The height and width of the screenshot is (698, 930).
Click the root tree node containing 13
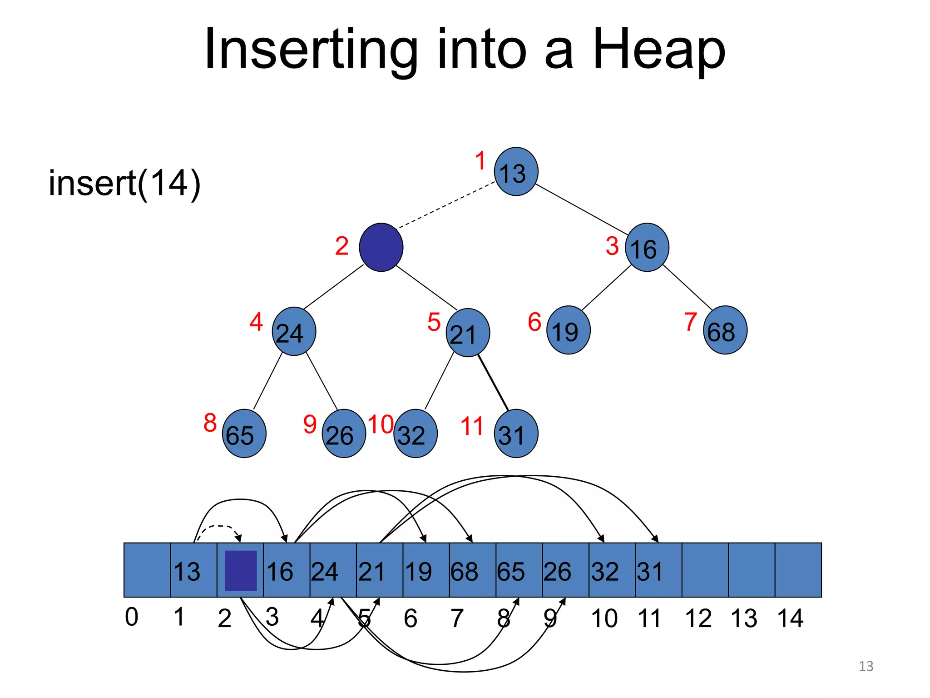point(516,172)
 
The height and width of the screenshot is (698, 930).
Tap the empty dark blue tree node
point(381,247)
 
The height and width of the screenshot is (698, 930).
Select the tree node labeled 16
point(647,248)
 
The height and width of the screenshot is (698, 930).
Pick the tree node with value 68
point(725,330)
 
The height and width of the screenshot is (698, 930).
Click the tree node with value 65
point(244,434)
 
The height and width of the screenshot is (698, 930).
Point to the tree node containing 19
point(568,330)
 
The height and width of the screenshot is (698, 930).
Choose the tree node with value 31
point(516,434)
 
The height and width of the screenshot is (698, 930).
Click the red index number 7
point(690,322)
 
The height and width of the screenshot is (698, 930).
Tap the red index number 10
point(380,424)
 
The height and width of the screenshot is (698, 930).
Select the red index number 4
point(256,322)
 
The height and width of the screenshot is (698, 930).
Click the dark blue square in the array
point(241,570)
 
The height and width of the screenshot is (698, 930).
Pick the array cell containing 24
point(333,570)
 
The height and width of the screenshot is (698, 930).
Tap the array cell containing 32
point(612,570)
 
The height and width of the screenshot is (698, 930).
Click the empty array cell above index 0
point(147,570)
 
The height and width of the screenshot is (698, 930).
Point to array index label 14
point(790,618)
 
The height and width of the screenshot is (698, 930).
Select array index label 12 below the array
point(698,618)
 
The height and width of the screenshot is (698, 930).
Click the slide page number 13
point(866,666)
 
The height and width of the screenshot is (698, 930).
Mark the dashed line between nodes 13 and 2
point(445,204)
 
